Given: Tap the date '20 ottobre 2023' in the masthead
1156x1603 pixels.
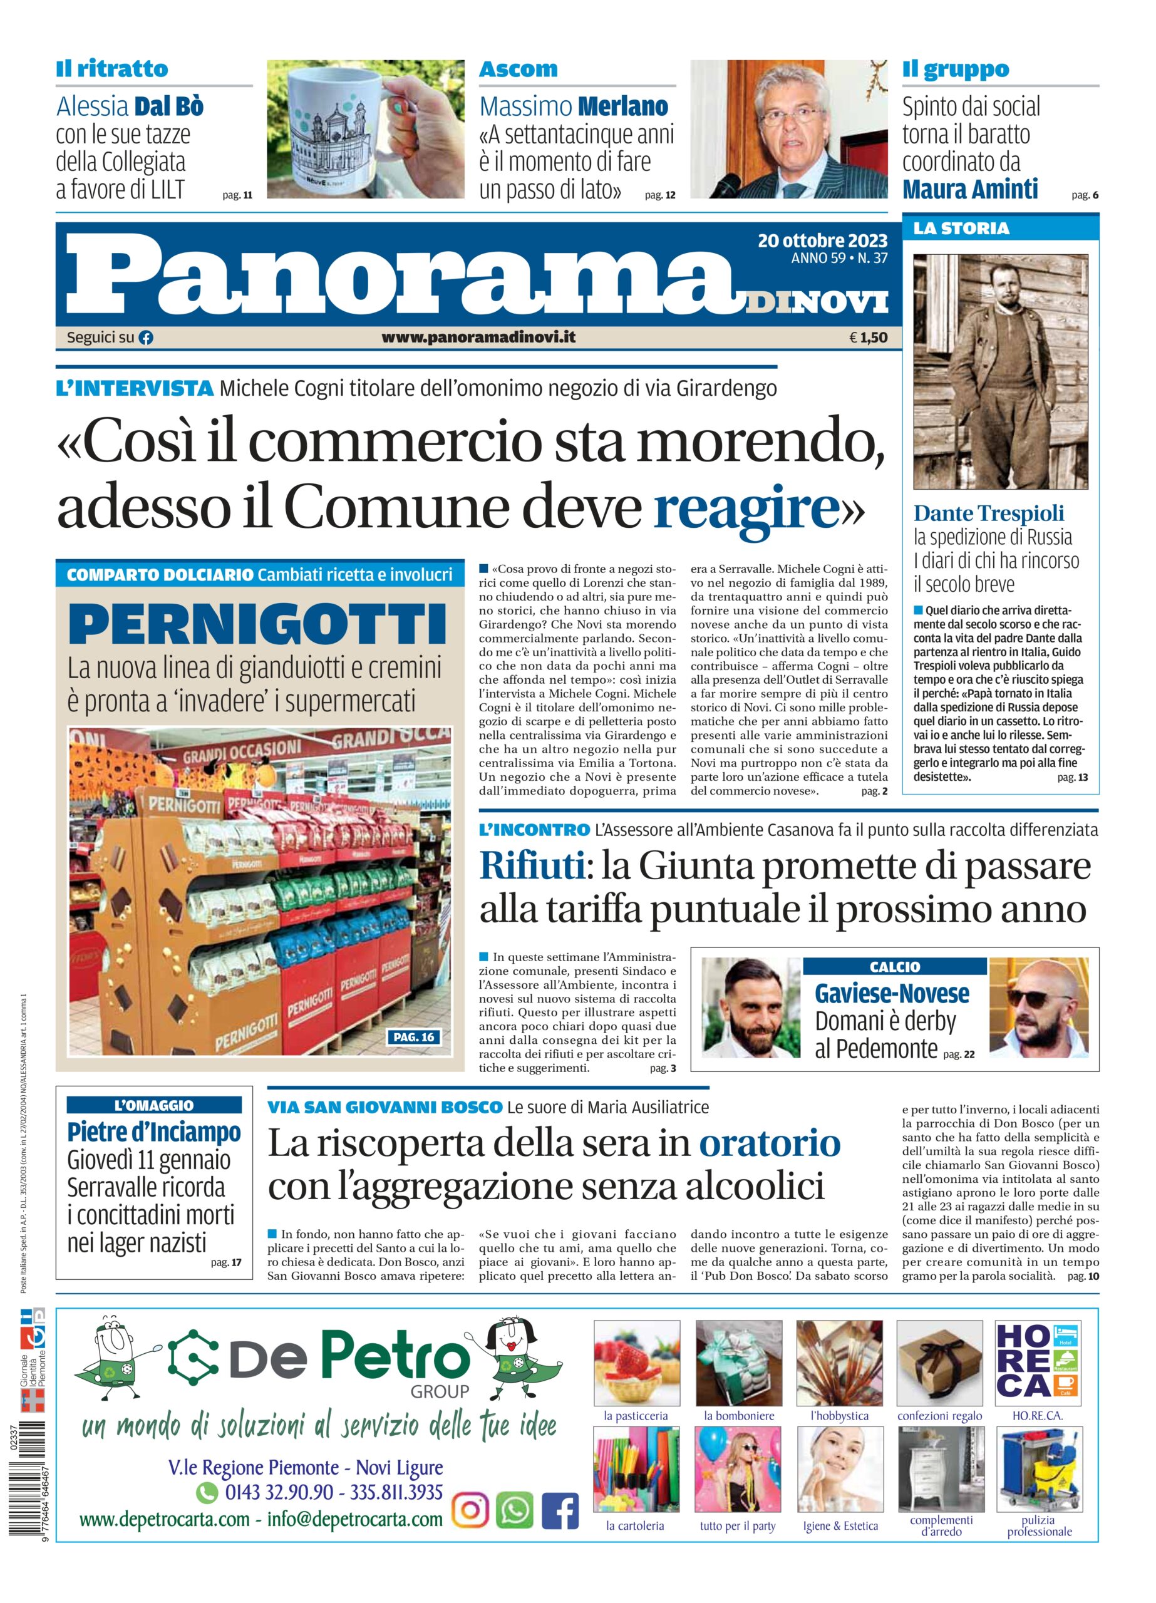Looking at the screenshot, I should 822,241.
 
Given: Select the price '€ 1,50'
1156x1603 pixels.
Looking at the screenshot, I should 868,338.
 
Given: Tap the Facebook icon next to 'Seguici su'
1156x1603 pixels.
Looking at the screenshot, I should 146,338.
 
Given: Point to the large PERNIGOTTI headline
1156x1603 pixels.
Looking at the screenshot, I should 258,624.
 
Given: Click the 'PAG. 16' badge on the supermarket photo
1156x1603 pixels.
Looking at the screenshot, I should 413,1037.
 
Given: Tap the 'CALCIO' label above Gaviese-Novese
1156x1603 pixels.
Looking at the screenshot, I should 894,967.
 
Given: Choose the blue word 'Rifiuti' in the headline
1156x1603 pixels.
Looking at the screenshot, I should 532,866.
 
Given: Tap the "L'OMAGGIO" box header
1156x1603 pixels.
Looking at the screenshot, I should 153,1105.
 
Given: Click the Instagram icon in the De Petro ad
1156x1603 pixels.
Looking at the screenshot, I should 470,1510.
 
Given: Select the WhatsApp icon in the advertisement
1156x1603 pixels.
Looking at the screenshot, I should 515,1510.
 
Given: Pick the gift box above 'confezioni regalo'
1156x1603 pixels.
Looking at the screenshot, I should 939,1362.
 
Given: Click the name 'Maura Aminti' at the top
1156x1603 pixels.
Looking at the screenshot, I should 969,190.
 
